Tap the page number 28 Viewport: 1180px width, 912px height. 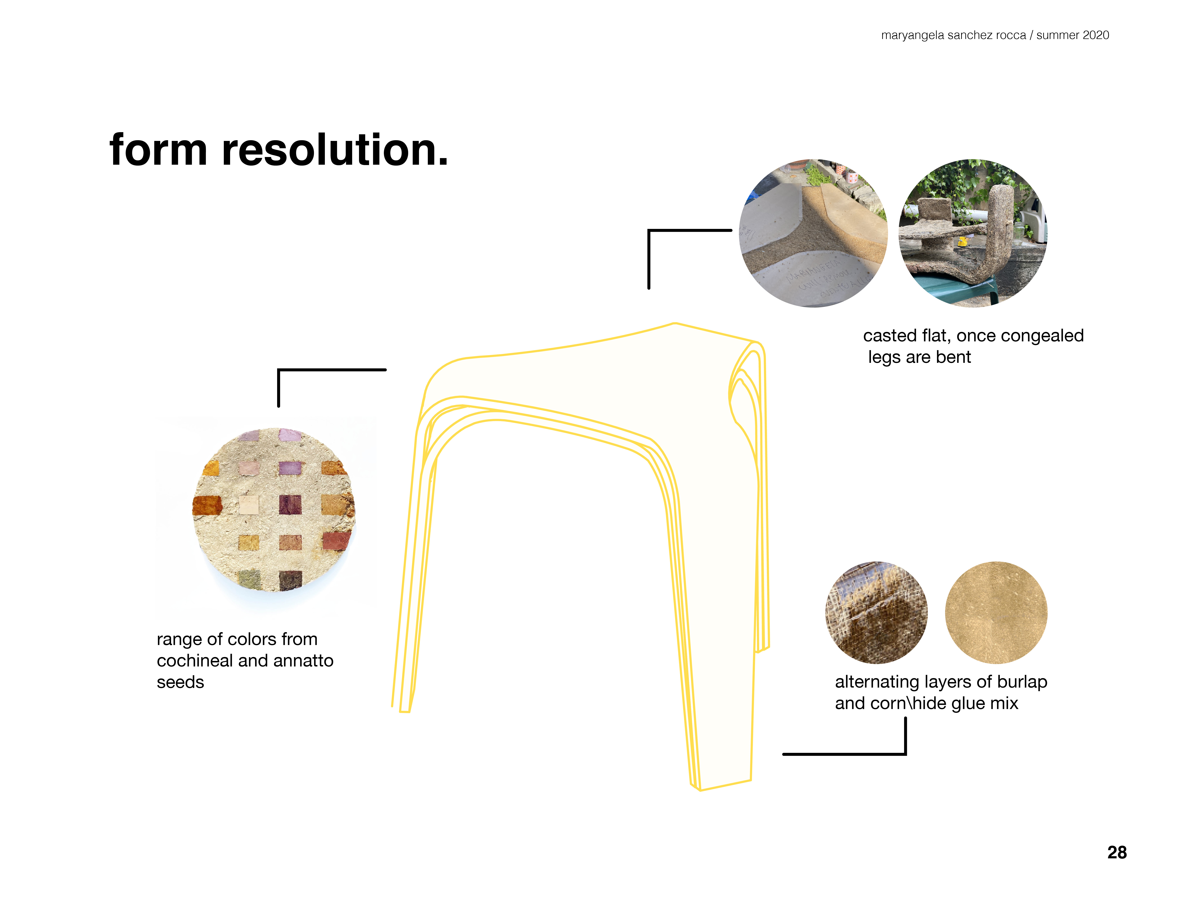click(1117, 852)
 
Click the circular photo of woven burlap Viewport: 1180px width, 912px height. click(876, 613)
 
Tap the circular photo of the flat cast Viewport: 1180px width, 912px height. click(813, 233)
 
